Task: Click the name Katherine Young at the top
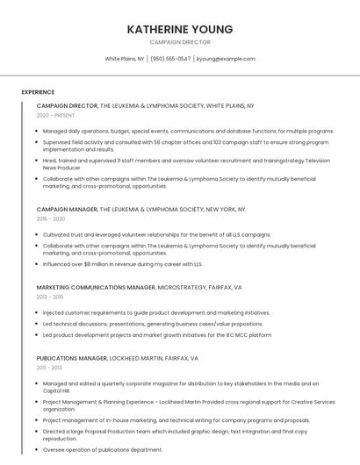click(x=180, y=29)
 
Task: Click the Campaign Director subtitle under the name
click(x=180, y=41)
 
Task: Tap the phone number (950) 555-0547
click(x=170, y=59)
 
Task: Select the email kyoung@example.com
click(x=226, y=59)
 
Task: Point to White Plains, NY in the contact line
click(x=125, y=59)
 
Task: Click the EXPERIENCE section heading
click(x=38, y=92)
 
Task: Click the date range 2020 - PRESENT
click(x=55, y=115)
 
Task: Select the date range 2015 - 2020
click(x=51, y=218)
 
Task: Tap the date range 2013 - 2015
click(x=51, y=297)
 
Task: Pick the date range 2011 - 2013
click(x=50, y=368)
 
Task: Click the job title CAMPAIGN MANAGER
click(x=67, y=210)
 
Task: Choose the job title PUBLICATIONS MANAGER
click(x=71, y=358)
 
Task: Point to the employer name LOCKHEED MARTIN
click(x=137, y=358)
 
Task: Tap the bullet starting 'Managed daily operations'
click(x=188, y=131)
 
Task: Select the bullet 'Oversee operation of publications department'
click(x=103, y=449)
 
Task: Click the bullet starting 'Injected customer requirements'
click(x=156, y=312)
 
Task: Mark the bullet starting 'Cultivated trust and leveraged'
click(x=156, y=235)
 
